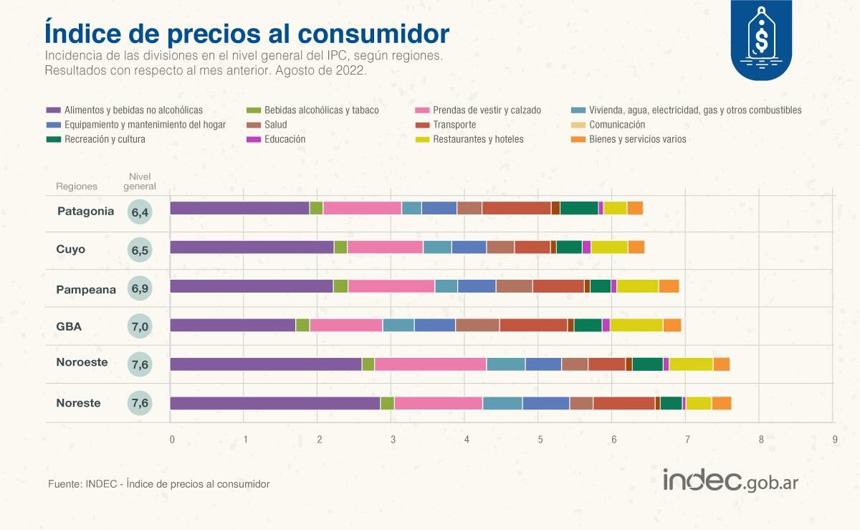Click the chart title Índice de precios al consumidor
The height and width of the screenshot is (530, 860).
tap(247, 33)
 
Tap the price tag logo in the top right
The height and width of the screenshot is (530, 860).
tap(760, 39)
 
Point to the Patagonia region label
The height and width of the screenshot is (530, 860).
tap(85, 212)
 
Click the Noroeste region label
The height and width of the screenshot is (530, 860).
tap(82, 362)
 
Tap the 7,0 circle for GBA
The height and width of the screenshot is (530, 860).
tap(140, 327)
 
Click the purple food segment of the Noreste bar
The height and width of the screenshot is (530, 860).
tap(275, 403)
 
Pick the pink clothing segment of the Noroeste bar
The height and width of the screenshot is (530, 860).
tap(430, 364)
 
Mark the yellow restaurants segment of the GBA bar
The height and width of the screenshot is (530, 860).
tap(636, 326)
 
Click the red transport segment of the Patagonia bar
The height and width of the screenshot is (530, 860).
tap(516, 209)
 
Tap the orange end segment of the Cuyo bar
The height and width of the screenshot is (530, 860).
tap(636, 247)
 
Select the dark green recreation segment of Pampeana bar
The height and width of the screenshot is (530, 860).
tap(601, 286)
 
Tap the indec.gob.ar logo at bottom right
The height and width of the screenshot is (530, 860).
tap(730, 481)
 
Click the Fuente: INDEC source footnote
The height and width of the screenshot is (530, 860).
tap(158, 484)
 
